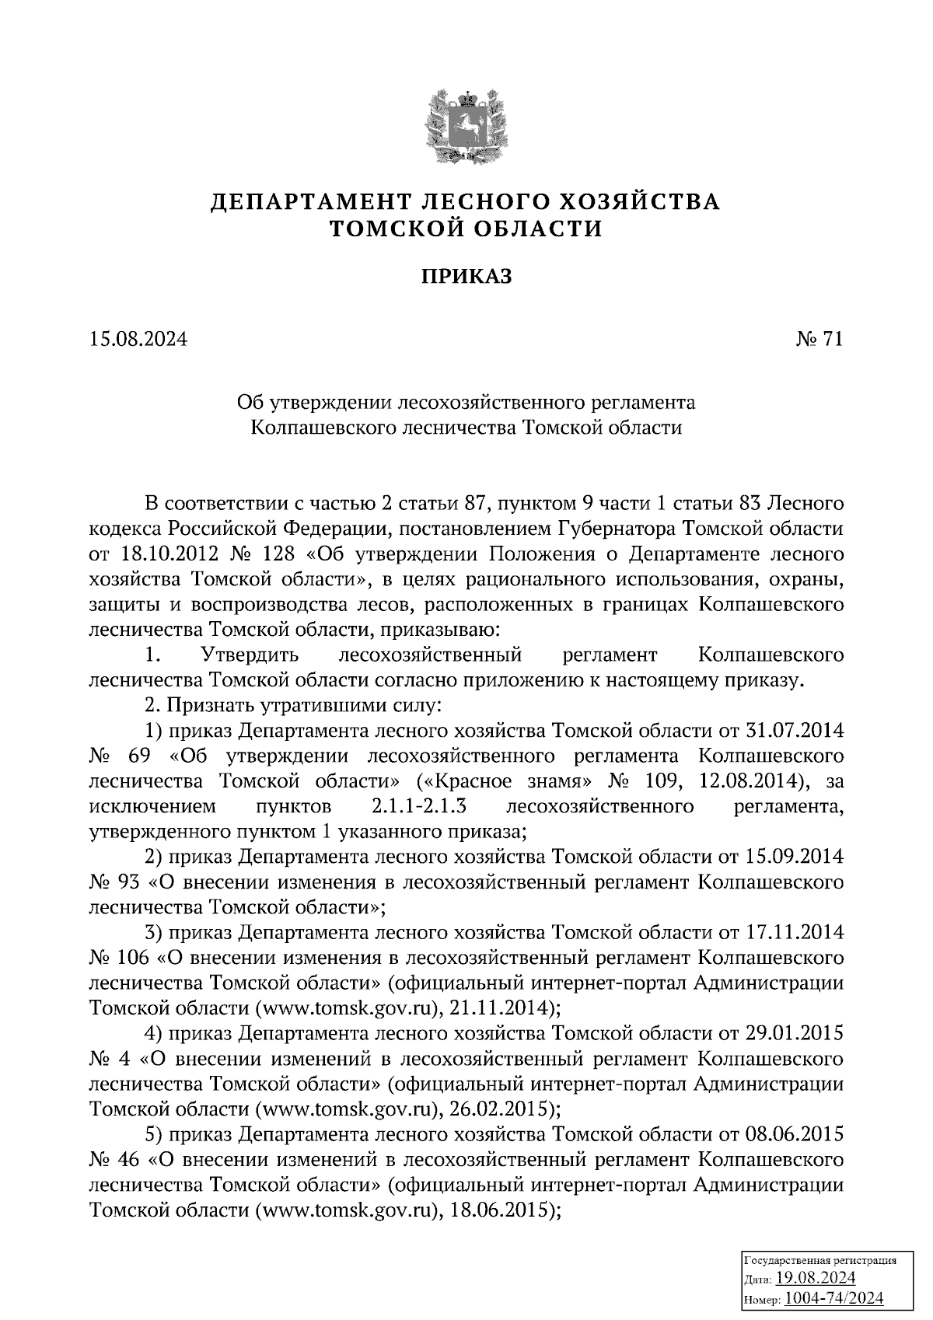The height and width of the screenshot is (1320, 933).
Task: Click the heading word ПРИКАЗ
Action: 466,276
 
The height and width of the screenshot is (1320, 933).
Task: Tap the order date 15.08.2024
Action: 138,339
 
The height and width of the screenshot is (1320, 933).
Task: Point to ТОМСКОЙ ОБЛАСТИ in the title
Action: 466,229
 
